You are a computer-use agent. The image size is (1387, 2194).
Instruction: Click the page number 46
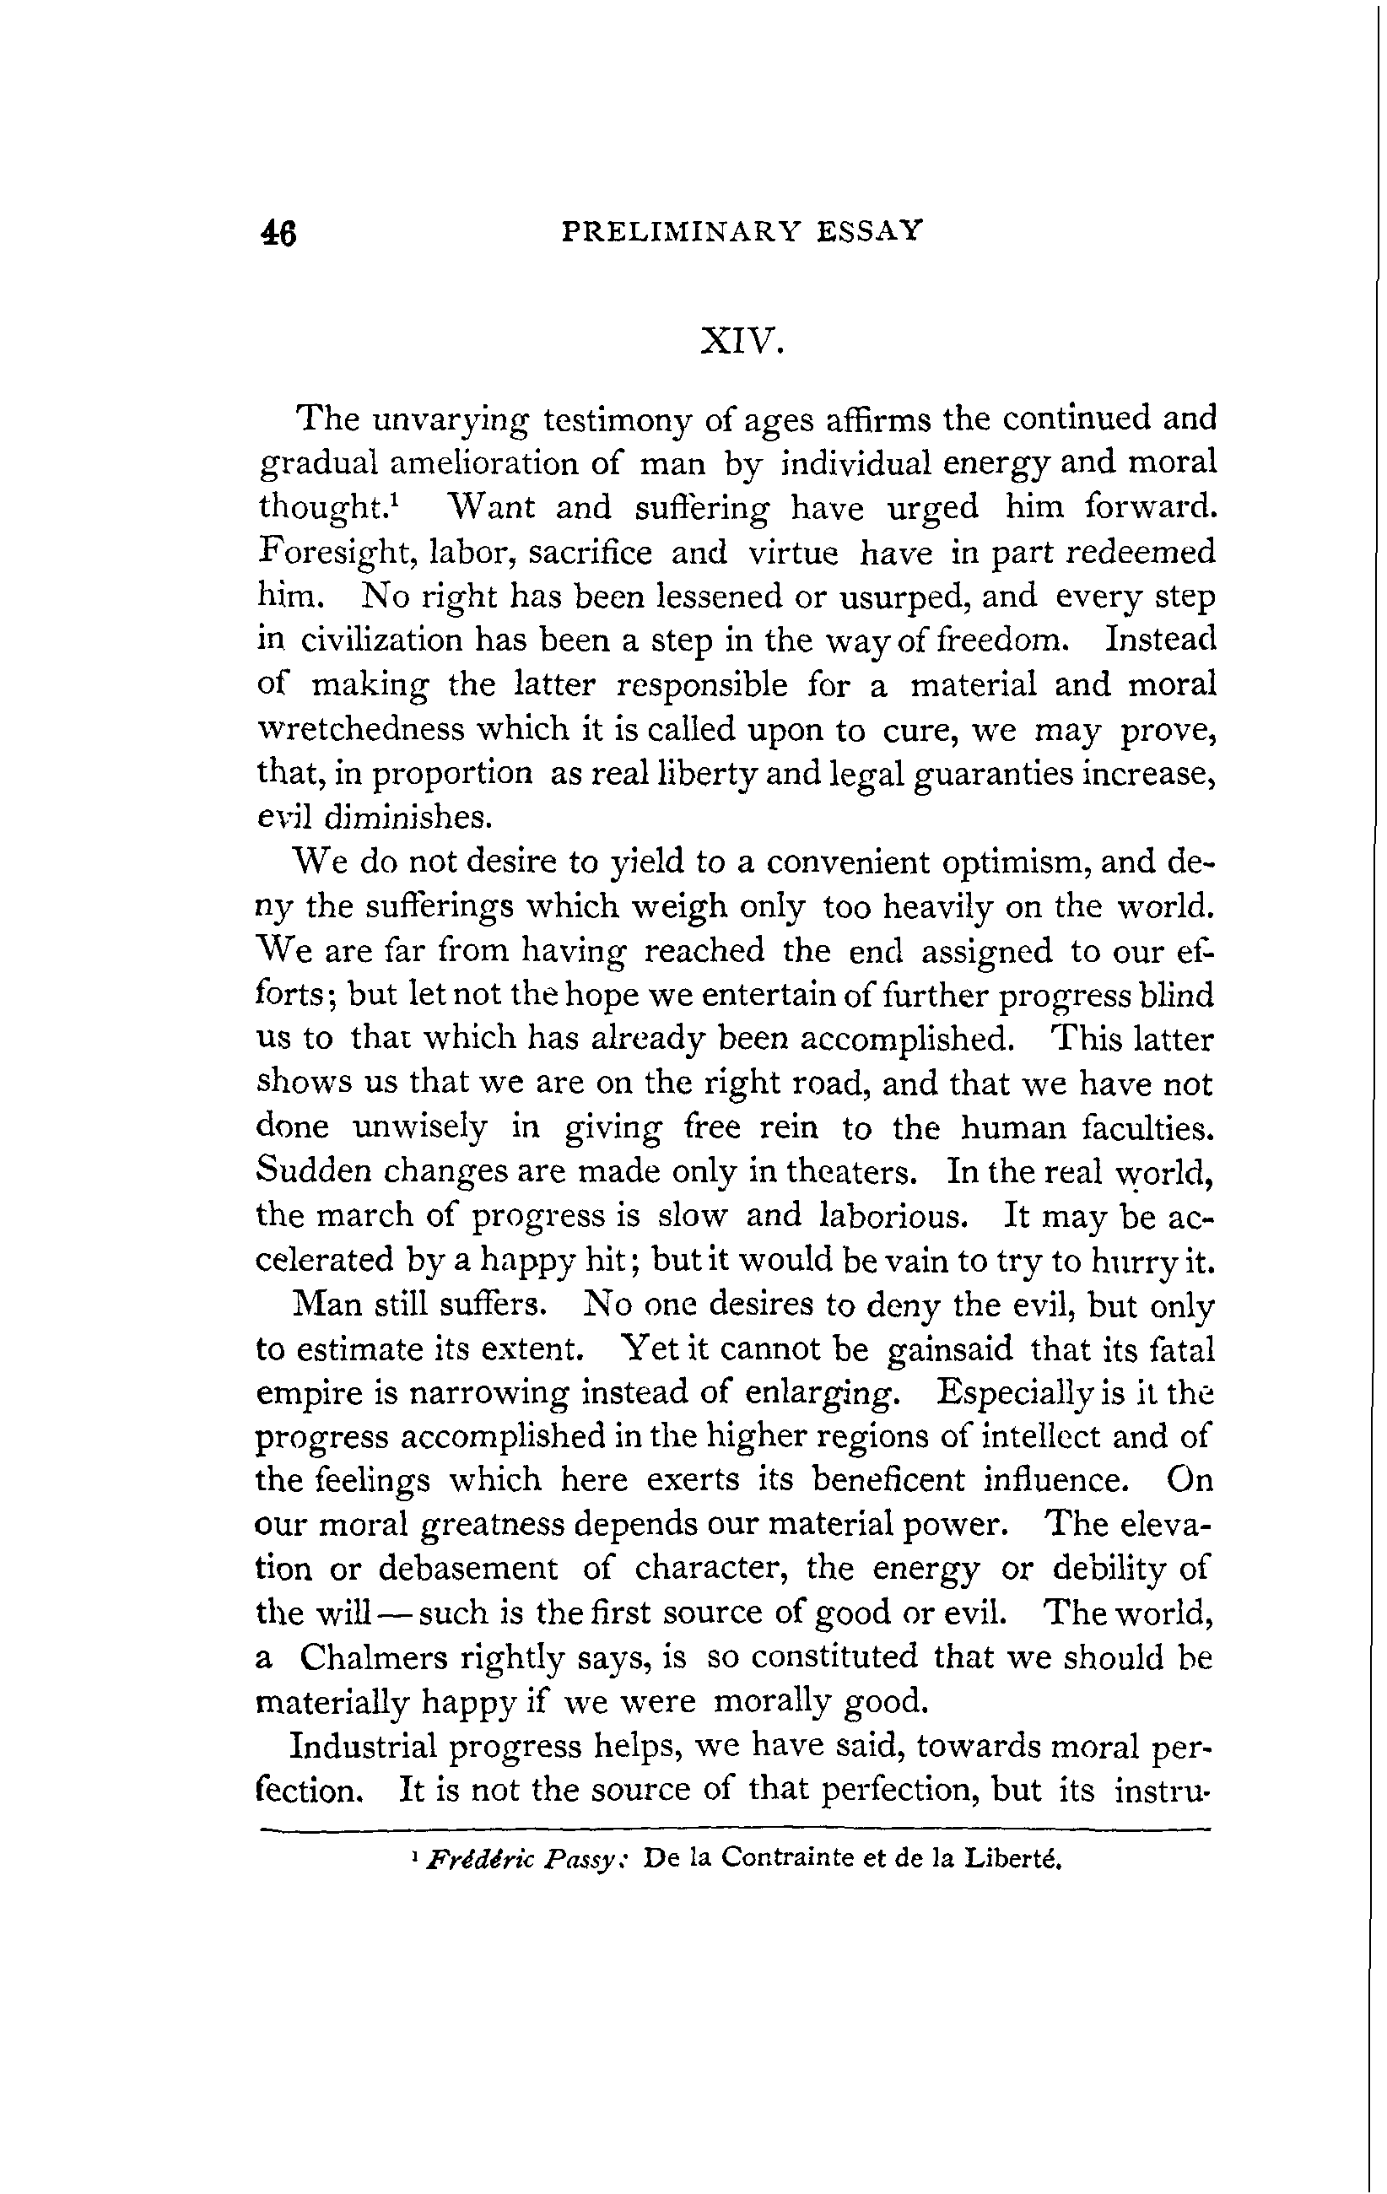[278, 234]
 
